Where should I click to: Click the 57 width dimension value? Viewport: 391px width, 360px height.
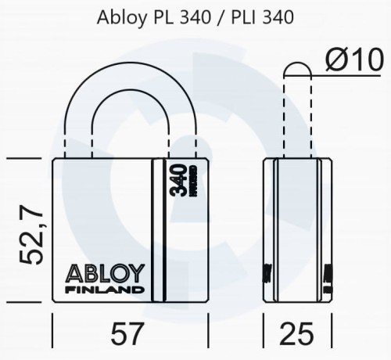(127, 335)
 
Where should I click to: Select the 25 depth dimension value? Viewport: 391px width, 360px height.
(298, 335)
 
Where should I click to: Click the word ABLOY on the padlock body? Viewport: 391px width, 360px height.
(105, 274)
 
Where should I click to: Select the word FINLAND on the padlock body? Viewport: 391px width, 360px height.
(105, 290)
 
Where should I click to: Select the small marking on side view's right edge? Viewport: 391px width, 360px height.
(328, 273)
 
